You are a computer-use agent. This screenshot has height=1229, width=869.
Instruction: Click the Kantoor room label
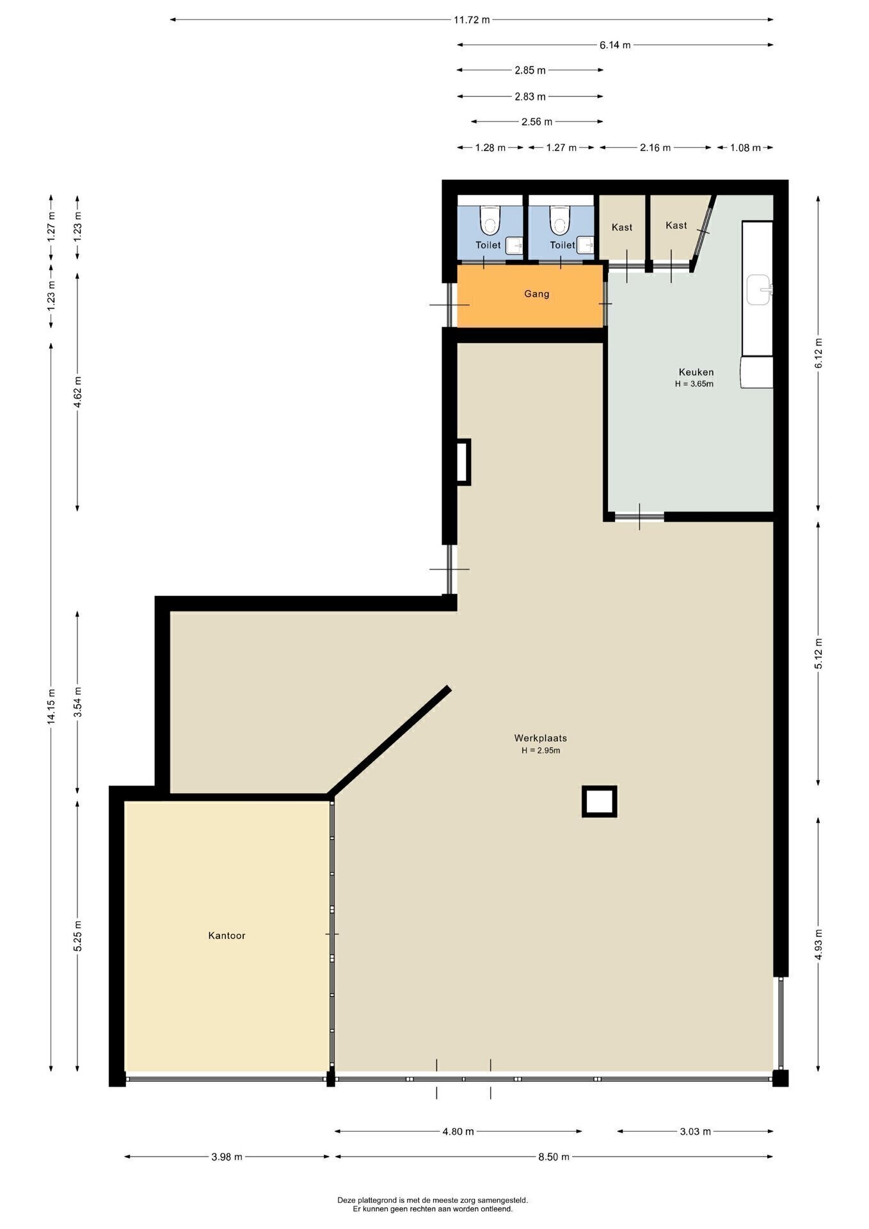click(227, 935)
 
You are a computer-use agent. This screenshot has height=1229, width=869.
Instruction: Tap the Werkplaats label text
click(540, 737)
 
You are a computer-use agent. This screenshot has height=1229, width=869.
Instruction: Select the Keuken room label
click(696, 372)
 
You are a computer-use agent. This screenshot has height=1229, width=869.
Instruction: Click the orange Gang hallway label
click(536, 294)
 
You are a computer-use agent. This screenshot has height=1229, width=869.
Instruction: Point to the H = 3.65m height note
click(694, 384)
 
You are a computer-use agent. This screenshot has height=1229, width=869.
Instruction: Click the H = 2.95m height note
click(540, 750)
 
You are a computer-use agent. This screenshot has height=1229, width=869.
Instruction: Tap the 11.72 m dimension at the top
click(472, 20)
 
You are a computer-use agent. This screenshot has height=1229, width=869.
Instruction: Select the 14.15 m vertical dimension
click(51, 707)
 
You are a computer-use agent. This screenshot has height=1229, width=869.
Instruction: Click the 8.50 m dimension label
click(554, 1157)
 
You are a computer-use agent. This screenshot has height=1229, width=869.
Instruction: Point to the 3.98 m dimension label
click(227, 1157)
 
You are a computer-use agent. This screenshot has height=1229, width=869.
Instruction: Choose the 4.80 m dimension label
click(458, 1131)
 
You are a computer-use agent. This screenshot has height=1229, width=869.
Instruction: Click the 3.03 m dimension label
click(695, 1131)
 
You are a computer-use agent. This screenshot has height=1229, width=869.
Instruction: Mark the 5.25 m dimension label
click(77, 935)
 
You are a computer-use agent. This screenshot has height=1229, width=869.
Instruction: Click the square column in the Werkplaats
click(599, 801)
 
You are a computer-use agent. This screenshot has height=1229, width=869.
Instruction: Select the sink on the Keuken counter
click(760, 289)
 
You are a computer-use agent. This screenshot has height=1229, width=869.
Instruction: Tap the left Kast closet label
click(621, 227)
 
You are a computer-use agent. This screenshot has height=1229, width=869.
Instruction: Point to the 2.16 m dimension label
click(655, 148)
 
